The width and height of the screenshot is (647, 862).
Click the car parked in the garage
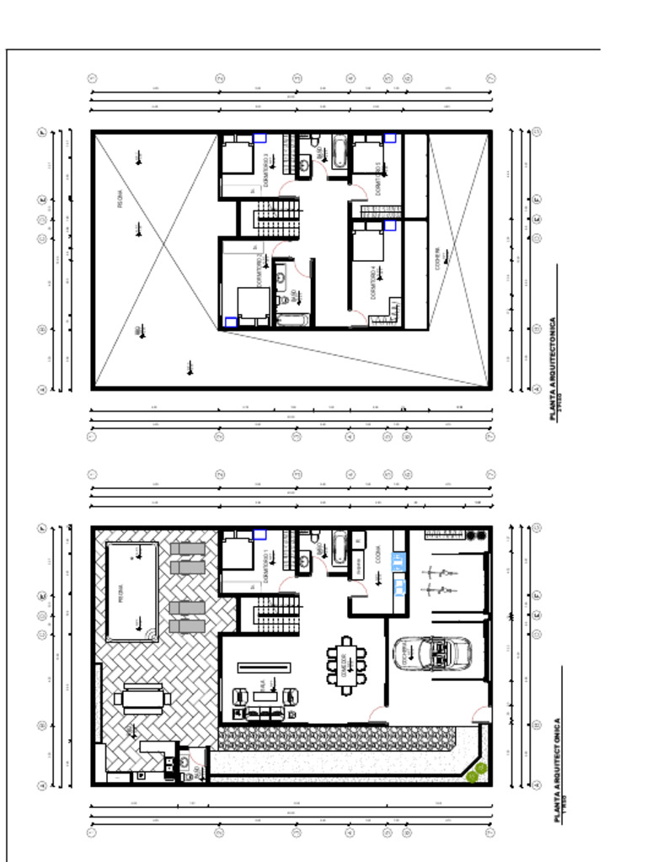point(432,652)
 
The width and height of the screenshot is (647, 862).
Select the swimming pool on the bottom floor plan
point(131,592)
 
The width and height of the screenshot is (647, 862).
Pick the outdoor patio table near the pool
point(142,698)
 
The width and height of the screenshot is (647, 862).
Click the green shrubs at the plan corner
point(476,772)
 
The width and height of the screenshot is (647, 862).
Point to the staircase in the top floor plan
point(277,218)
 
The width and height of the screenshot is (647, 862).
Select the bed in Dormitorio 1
point(237,553)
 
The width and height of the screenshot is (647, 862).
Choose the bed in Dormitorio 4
point(368,245)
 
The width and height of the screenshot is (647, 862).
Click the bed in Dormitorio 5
point(368,157)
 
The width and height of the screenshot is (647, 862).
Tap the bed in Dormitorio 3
point(237,157)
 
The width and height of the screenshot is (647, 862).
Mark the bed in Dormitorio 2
point(253,303)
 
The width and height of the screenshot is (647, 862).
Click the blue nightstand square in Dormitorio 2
point(231,322)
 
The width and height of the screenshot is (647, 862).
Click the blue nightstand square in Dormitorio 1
point(259,535)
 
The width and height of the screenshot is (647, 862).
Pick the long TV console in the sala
point(265,667)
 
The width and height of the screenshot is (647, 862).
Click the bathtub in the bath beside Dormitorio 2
point(293,320)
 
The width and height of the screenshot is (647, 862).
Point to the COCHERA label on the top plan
point(437,256)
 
